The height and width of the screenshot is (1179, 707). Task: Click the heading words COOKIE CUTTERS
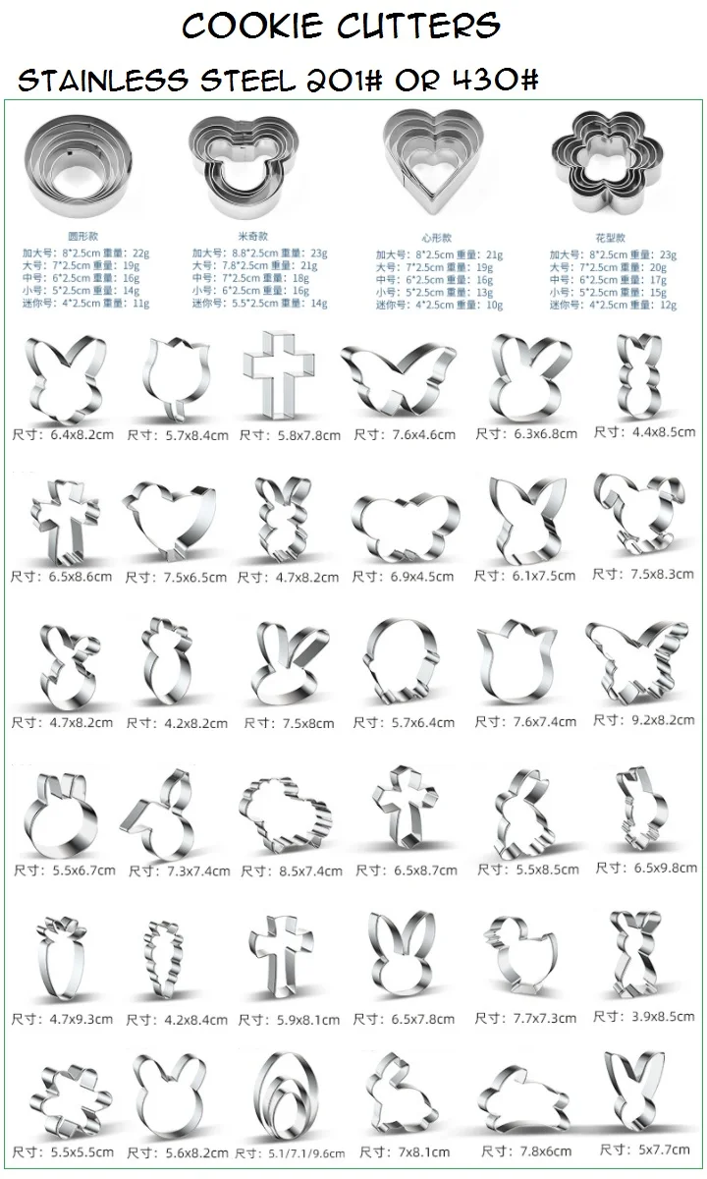[341, 27]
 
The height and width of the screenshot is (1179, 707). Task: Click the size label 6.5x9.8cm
[647, 868]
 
